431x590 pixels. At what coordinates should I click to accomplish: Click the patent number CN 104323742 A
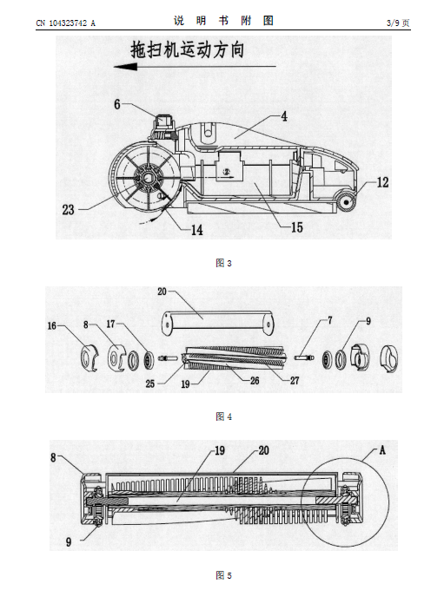[65, 23]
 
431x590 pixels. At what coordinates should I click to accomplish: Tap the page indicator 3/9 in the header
[393, 23]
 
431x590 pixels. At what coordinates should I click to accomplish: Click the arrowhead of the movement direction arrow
[125, 67]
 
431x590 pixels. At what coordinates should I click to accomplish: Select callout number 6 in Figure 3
[117, 104]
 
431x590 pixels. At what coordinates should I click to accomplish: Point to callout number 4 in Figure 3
[284, 116]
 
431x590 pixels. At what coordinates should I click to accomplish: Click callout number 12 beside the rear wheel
[382, 182]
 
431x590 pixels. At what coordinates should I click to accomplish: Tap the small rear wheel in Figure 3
[346, 203]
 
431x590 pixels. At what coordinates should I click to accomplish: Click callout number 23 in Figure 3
[68, 210]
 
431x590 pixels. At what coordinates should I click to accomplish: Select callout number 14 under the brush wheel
[197, 230]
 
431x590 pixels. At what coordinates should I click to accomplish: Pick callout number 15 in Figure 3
[297, 227]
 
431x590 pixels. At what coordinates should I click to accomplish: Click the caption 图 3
[223, 263]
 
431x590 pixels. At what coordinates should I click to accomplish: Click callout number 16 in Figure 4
[52, 326]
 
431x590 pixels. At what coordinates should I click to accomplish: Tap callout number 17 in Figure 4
[110, 324]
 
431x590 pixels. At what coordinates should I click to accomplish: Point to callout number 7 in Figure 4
[330, 320]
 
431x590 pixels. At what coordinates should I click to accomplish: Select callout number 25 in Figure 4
[150, 383]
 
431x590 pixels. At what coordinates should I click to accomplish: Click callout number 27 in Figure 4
[295, 380]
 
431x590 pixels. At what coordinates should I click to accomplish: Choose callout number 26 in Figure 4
[255, 380]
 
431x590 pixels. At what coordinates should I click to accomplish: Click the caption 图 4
[223, 416]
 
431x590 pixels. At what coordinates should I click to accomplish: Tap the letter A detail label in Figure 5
[382, 450]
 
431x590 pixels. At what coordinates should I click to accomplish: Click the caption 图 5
[223, 575]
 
